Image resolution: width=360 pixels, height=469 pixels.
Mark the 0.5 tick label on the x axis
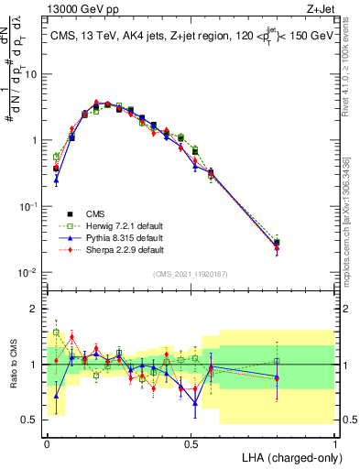coord(191,442)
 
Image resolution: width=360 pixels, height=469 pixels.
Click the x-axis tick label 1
coord(335,442)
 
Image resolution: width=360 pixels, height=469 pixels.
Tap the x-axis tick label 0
coord(46,442)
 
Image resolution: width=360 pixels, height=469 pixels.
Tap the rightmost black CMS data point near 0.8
coord(278,243)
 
